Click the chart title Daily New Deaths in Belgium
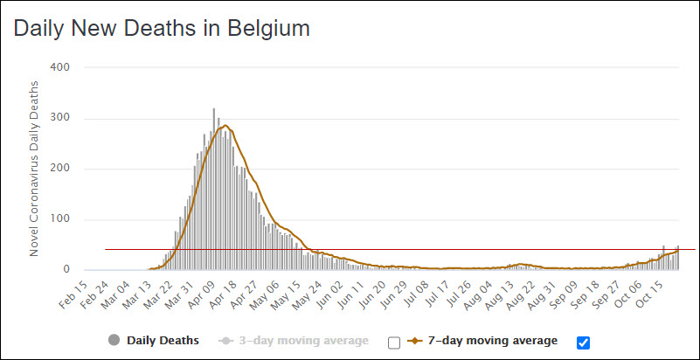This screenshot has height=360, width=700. [163, 29]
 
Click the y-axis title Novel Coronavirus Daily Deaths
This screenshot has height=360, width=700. [35, 168]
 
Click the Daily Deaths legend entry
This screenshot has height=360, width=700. [163, 340]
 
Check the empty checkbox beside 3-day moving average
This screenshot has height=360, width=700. [393, 342]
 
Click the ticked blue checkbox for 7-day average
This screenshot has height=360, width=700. [583, 341]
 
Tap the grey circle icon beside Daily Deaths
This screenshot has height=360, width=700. [114, 340]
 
